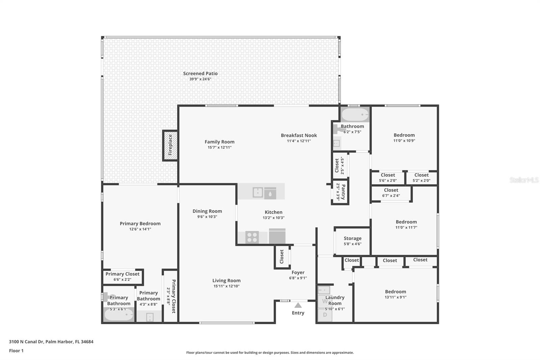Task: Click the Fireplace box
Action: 170,145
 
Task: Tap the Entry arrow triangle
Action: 298,305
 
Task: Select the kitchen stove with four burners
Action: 252,237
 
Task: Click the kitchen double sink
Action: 258,192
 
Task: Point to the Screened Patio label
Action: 200,74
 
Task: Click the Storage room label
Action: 352,238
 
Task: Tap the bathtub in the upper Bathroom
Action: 355,115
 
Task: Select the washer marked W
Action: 324,301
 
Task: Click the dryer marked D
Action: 325,315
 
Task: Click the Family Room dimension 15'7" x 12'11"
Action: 219,148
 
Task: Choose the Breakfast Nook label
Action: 299,135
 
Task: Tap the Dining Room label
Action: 207,211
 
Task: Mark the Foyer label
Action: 298,273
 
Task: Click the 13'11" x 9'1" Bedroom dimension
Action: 396,298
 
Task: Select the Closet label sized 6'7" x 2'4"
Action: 391,190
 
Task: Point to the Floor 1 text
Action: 16,351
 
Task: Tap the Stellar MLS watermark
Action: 524,180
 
